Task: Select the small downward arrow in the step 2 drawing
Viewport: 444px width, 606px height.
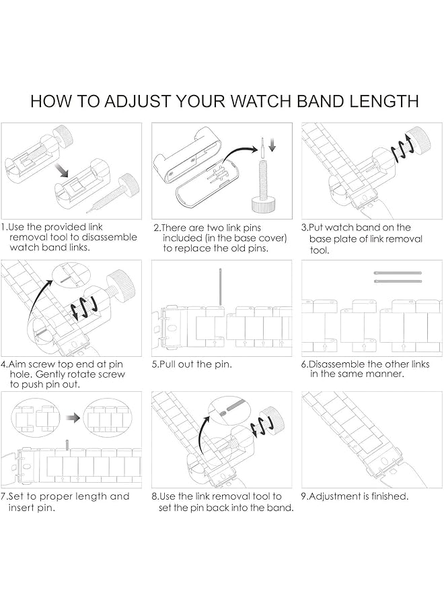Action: (x=272, y=144)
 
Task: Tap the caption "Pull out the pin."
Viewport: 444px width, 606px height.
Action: (x=192, y=364)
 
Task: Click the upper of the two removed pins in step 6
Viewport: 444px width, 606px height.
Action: (x=397, y=273)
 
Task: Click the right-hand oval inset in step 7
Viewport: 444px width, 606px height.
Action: (x=108, y=418)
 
